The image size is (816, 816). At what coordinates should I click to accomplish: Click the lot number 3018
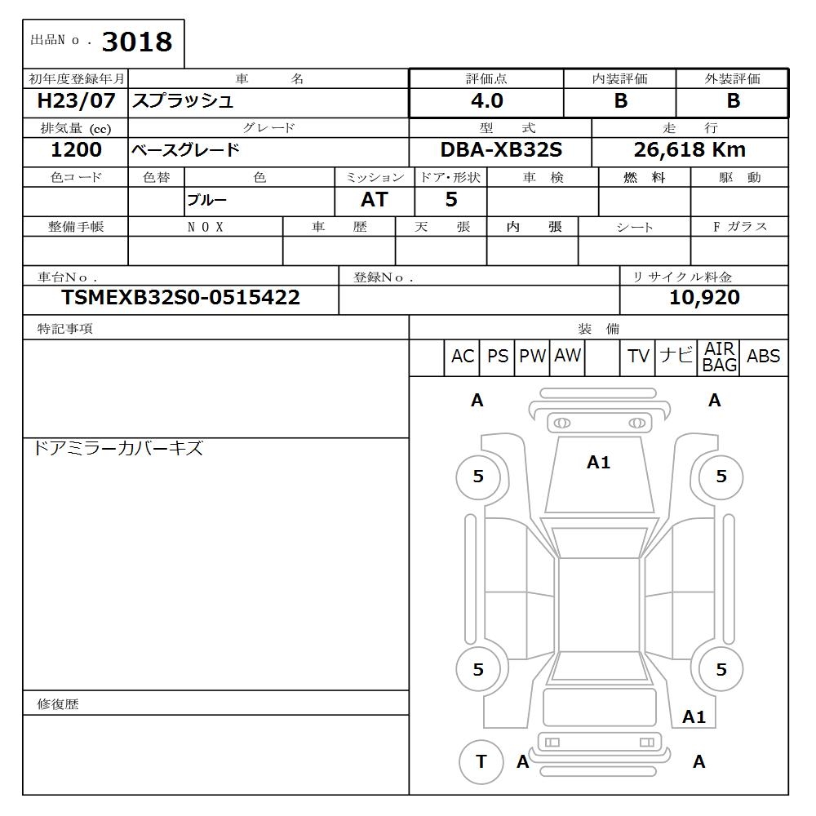point(136,42)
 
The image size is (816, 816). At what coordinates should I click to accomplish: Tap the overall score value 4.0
point(486,101)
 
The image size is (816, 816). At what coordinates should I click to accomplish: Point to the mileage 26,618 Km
point(690,150)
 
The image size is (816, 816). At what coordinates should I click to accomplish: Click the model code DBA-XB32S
point(501,150)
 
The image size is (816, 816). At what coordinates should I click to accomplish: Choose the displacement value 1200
point(76,150)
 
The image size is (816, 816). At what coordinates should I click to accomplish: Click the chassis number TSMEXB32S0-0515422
point(180,298)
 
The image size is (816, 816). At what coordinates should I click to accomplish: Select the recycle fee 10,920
point(704,298)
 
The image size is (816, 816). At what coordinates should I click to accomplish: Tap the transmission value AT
point(374,200)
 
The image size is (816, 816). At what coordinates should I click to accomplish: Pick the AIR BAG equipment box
point(719,357)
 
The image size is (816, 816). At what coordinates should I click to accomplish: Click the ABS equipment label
point(763,357)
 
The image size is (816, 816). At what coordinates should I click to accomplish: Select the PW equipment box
point(533,357)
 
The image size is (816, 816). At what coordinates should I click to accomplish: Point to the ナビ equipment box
point(676,357)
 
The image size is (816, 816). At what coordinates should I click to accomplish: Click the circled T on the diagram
point(481,761)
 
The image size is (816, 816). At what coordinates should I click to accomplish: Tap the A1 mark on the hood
point(598,463)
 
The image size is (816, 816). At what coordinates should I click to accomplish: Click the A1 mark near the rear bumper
point(694,717)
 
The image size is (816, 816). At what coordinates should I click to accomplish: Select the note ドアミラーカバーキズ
point(118,448)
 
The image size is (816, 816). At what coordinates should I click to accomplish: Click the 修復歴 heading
point(58,703)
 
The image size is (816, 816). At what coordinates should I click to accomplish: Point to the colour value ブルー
point(206,200)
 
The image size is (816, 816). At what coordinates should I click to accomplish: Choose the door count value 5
point(451,200)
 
